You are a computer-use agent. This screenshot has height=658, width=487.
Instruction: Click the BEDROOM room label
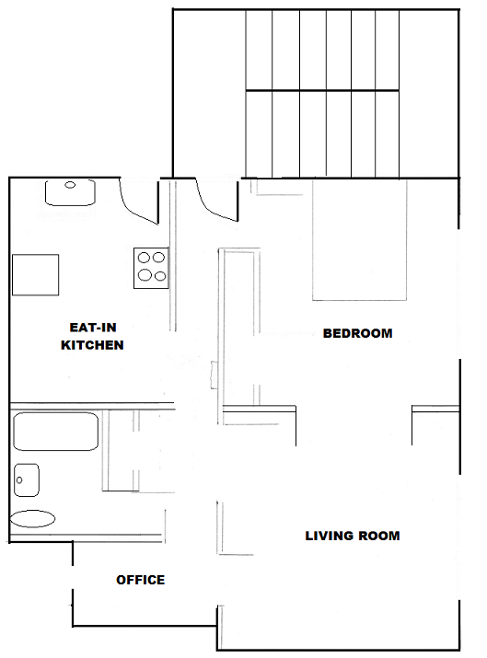(x=357, y=333)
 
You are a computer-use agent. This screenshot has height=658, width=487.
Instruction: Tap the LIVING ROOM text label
(x=353, y=536)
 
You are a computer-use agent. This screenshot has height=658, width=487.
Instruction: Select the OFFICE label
(x=140, y=580)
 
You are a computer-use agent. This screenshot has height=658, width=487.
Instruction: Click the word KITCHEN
(x=92, y=345)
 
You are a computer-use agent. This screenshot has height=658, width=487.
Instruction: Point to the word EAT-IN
(x=93, y=328)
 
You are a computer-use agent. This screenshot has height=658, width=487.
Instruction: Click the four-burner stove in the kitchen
(x=151, y=268)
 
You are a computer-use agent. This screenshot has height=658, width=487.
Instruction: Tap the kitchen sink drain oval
(x=70, y=185)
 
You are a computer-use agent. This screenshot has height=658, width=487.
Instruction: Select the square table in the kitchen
(x=35, y=275)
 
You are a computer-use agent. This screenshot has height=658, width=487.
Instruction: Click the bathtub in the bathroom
(x=56, y=432)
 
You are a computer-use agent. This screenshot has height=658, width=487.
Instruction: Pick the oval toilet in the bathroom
(x=32, y=519)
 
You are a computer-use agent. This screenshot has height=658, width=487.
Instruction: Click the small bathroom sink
(x=27, y=480)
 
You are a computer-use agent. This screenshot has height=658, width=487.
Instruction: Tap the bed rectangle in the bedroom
(x=359, y=240)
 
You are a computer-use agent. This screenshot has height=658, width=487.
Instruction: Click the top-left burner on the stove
(x=144, y=257)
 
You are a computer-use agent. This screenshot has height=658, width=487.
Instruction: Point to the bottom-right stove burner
(x=160, y=276)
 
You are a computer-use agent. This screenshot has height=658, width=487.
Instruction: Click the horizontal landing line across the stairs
(x=322, y=90)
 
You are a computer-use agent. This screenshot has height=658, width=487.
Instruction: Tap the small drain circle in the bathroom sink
(x=19, y=480)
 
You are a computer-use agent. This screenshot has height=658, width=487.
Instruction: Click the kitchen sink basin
(x=70, y=193)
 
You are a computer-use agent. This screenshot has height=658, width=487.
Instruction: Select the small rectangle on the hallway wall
(x=214, y=375)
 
